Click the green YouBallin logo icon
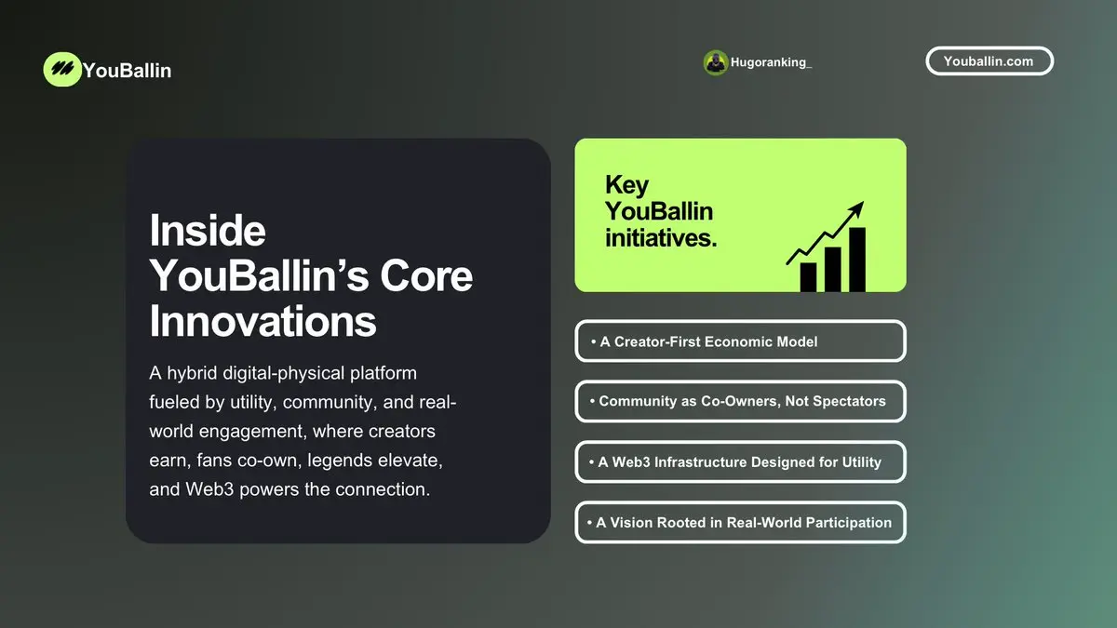point(62,69)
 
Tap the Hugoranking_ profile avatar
point(716,63)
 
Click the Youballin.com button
point(989,61)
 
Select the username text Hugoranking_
point(771,62)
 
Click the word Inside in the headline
point(208,231)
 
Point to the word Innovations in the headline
point(262,322)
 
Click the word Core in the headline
point(426,276)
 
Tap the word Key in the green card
point(626,185)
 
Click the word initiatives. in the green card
point(661,238)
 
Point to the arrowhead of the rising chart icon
point(857,207)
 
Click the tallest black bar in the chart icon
point(857,260)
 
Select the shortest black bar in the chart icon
point(808,277)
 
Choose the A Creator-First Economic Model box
point(741,341)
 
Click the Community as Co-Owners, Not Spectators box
point(741,401)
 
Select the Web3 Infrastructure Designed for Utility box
point(741,462)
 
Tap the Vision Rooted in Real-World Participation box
point(741,522)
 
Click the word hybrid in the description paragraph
point(192,374)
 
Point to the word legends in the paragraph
point(340,461)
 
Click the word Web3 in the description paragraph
point(209,489)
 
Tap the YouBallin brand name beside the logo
point(128,71)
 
